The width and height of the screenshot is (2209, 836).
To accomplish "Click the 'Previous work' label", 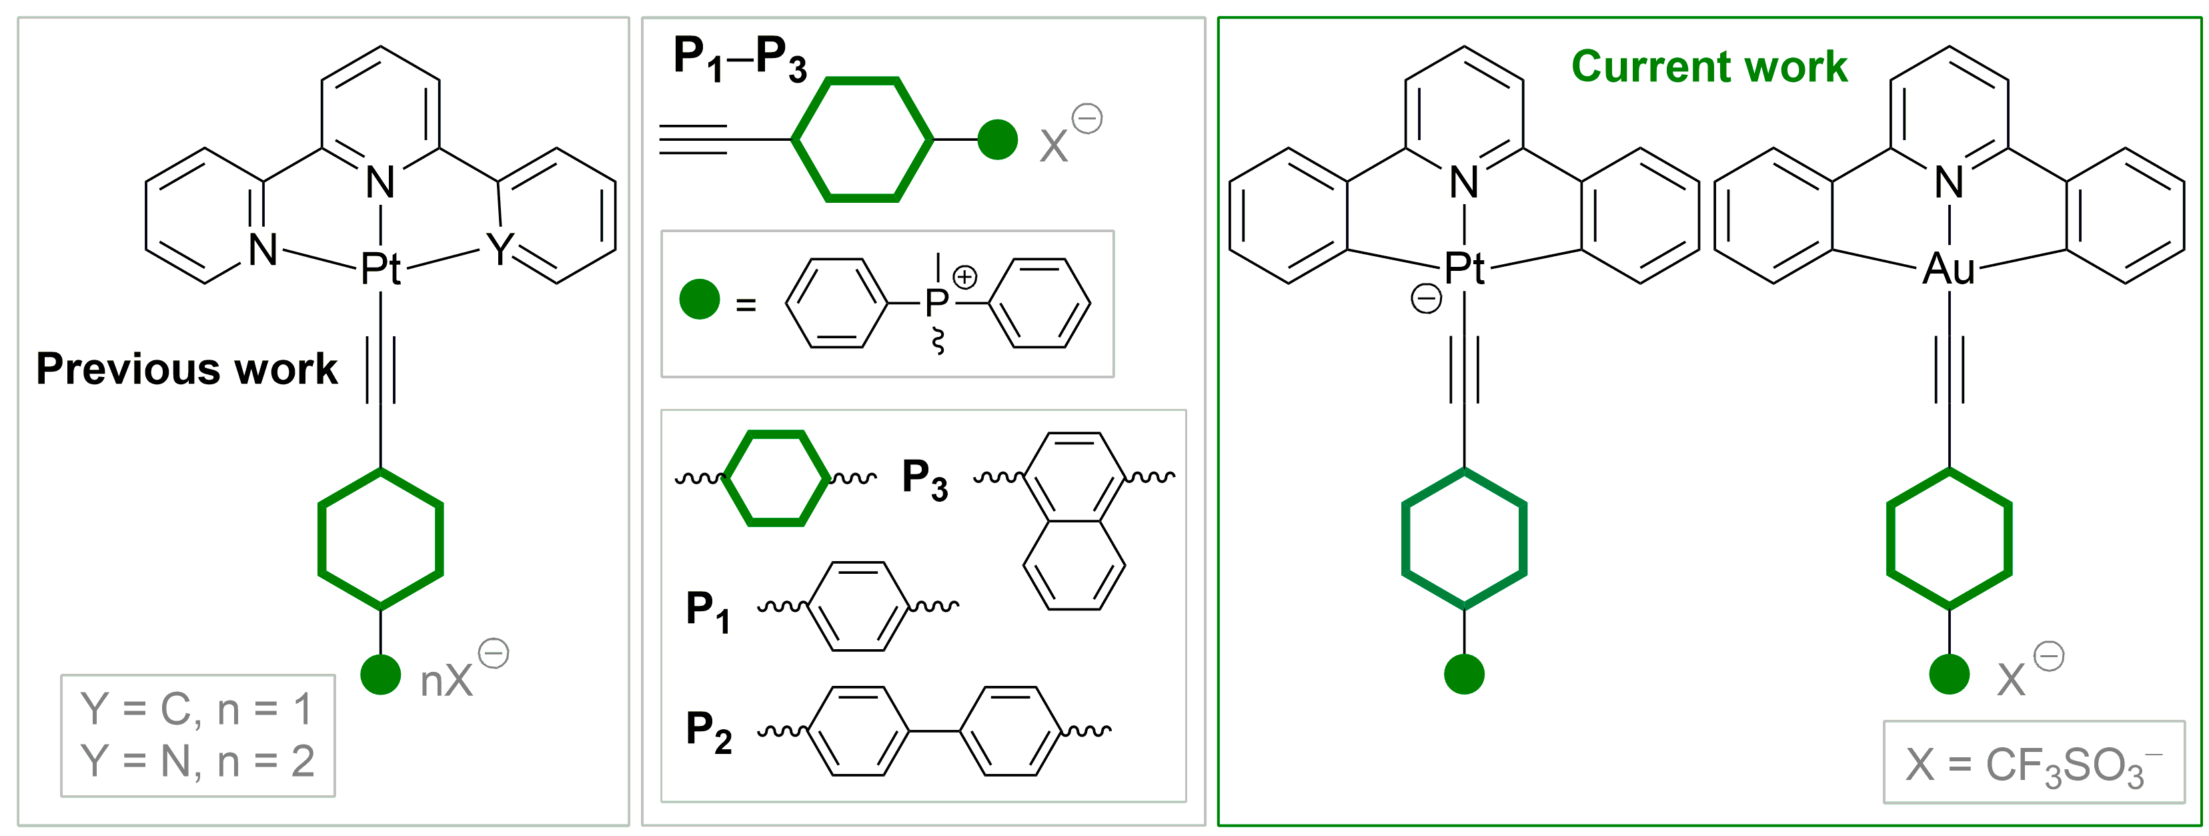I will tap(186, 370).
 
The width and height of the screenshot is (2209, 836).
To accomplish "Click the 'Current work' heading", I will tap(1708, 67).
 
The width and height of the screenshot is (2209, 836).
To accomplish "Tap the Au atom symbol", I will tap(1948, 270).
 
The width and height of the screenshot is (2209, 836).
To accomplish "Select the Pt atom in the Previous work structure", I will tap(380, 270).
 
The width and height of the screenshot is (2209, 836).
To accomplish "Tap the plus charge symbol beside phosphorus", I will tap(964, 277).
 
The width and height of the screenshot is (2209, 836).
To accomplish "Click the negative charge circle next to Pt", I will tap(1426, 300).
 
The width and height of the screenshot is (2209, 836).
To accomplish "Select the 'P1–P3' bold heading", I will tap(739, 58).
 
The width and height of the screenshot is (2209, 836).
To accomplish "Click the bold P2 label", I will tap(708, 731).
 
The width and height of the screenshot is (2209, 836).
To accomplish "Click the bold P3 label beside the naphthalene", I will tap(924, 478).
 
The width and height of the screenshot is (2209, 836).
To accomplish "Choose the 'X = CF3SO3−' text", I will tap(2032, 764).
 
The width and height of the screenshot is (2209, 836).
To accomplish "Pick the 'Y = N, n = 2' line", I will tap(197, 761).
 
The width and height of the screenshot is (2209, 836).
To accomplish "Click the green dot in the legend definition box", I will tap(699, 300).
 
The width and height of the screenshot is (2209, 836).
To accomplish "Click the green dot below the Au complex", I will tap(1948, 674).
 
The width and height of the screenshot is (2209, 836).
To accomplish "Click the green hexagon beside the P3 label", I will tap(777, 478).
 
